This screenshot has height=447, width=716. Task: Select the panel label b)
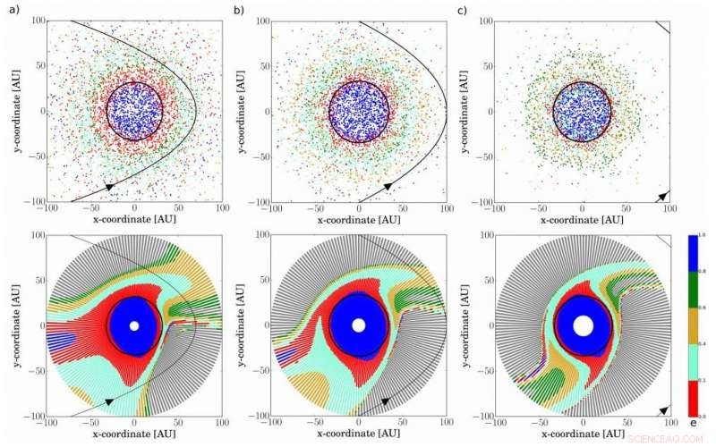pos(237,10)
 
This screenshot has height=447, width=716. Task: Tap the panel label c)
pos(461,10)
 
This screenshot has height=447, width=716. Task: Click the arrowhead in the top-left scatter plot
pos(109,186)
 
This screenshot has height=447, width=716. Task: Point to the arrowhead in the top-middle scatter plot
pos(388,184)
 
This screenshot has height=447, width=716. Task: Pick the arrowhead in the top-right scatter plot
pos(663,194)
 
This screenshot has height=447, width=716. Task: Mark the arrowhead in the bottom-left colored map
pos(109,401)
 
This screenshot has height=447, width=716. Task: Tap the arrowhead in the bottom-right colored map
pos(663,409)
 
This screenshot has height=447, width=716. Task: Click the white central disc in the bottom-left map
pos(134,326)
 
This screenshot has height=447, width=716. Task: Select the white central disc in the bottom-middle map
pos(359,326)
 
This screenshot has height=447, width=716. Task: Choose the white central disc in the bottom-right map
pos(583,326)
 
